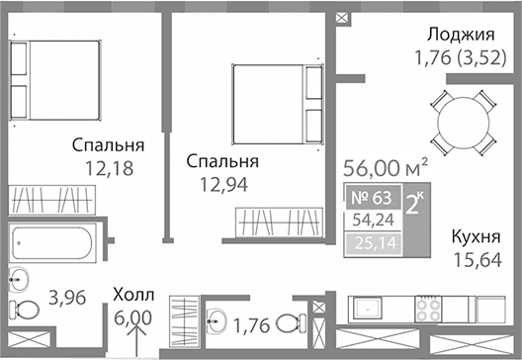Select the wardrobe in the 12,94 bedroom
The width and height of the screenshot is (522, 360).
282,223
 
